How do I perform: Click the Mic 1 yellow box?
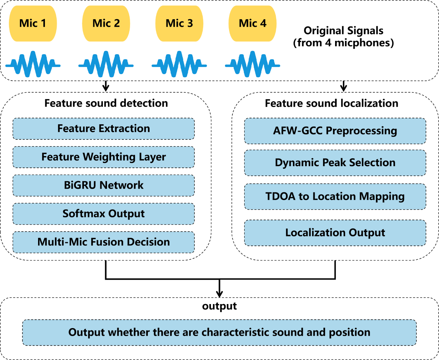(x=33, y=23)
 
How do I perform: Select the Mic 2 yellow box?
(x=106, y=23)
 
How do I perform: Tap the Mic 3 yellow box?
(x=179, y=23)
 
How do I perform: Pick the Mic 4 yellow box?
(x=252, y=23)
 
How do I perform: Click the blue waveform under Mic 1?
(x=33, y=65)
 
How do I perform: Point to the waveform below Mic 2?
(x=106, y=65)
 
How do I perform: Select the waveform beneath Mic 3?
(x=179, y=65)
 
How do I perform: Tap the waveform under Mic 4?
(x=252, y=65)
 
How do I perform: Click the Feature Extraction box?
(x=104, y=129)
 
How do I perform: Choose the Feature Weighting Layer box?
(x=104, y=157)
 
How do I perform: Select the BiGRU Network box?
(x=104, y=185)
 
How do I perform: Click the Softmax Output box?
(x=104, y=214)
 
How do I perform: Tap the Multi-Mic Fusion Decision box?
(x=104, y=242)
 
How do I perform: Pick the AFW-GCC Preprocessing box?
(x=335, y=131)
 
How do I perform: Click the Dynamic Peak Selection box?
(x=335, y=163)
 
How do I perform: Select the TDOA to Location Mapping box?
(x=335, y=197)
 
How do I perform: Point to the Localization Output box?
(x=335, y=233)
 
